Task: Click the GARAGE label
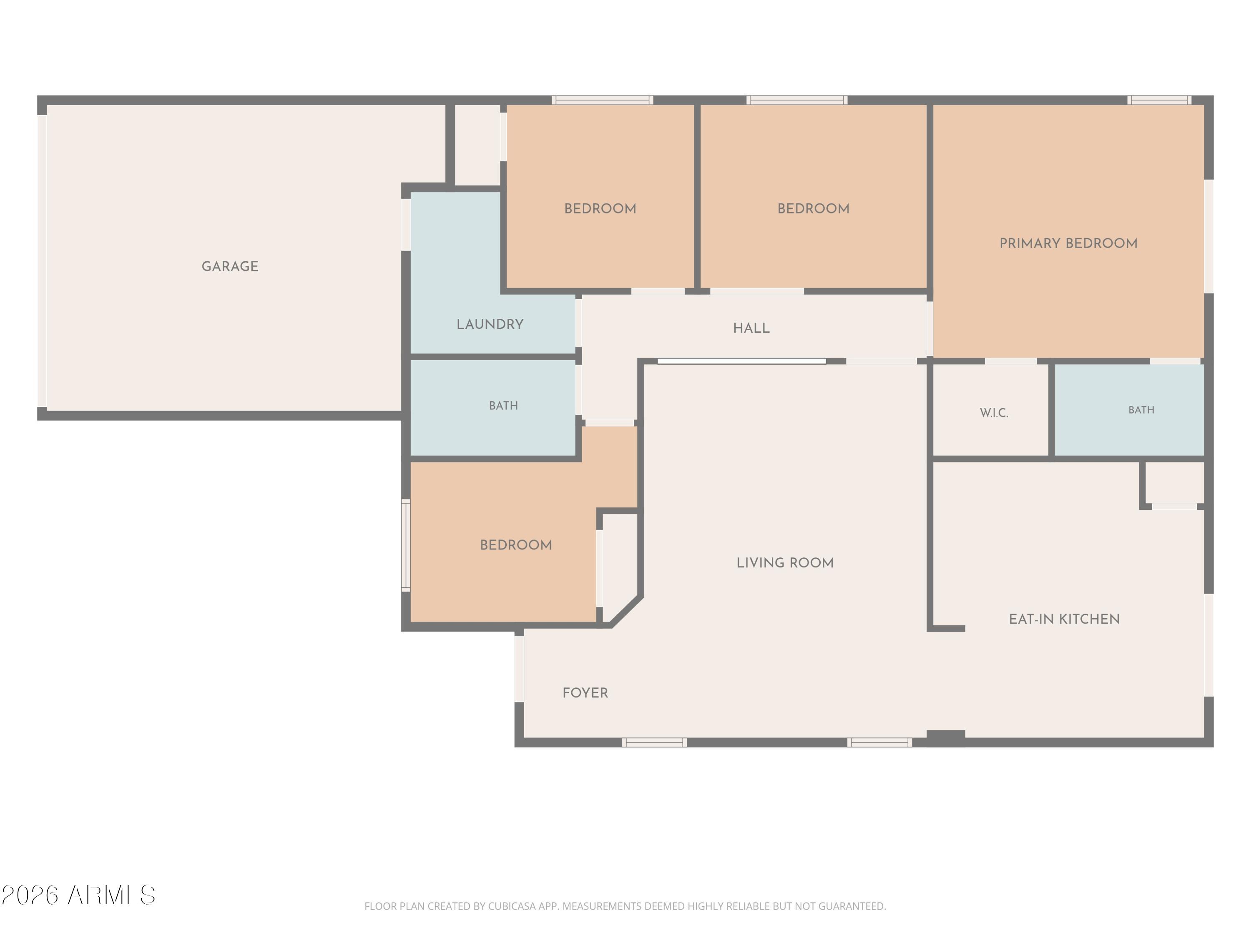click(x=230, y=266)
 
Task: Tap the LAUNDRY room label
click(x=490, y=324)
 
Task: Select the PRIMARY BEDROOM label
click(x=1068, y=243)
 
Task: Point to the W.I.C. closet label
click(x=994, y=413)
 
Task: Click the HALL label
click(x=751, y=328)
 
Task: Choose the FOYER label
click(x=585, y=692)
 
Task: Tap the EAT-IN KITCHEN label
click(x=1064, y=619)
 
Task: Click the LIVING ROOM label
click(x=785, y=562)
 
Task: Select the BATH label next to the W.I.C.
click(x=1141, y=410)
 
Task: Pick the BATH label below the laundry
click(x=503, y=405)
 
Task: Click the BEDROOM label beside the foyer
click(x=516, y=545)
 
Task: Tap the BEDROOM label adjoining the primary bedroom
click(x=813, y=208)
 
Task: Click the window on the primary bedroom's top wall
click(x=1159, y=100)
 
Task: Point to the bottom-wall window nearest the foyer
click(x=654, y=742)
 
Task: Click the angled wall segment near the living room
click(x=625, y=611)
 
